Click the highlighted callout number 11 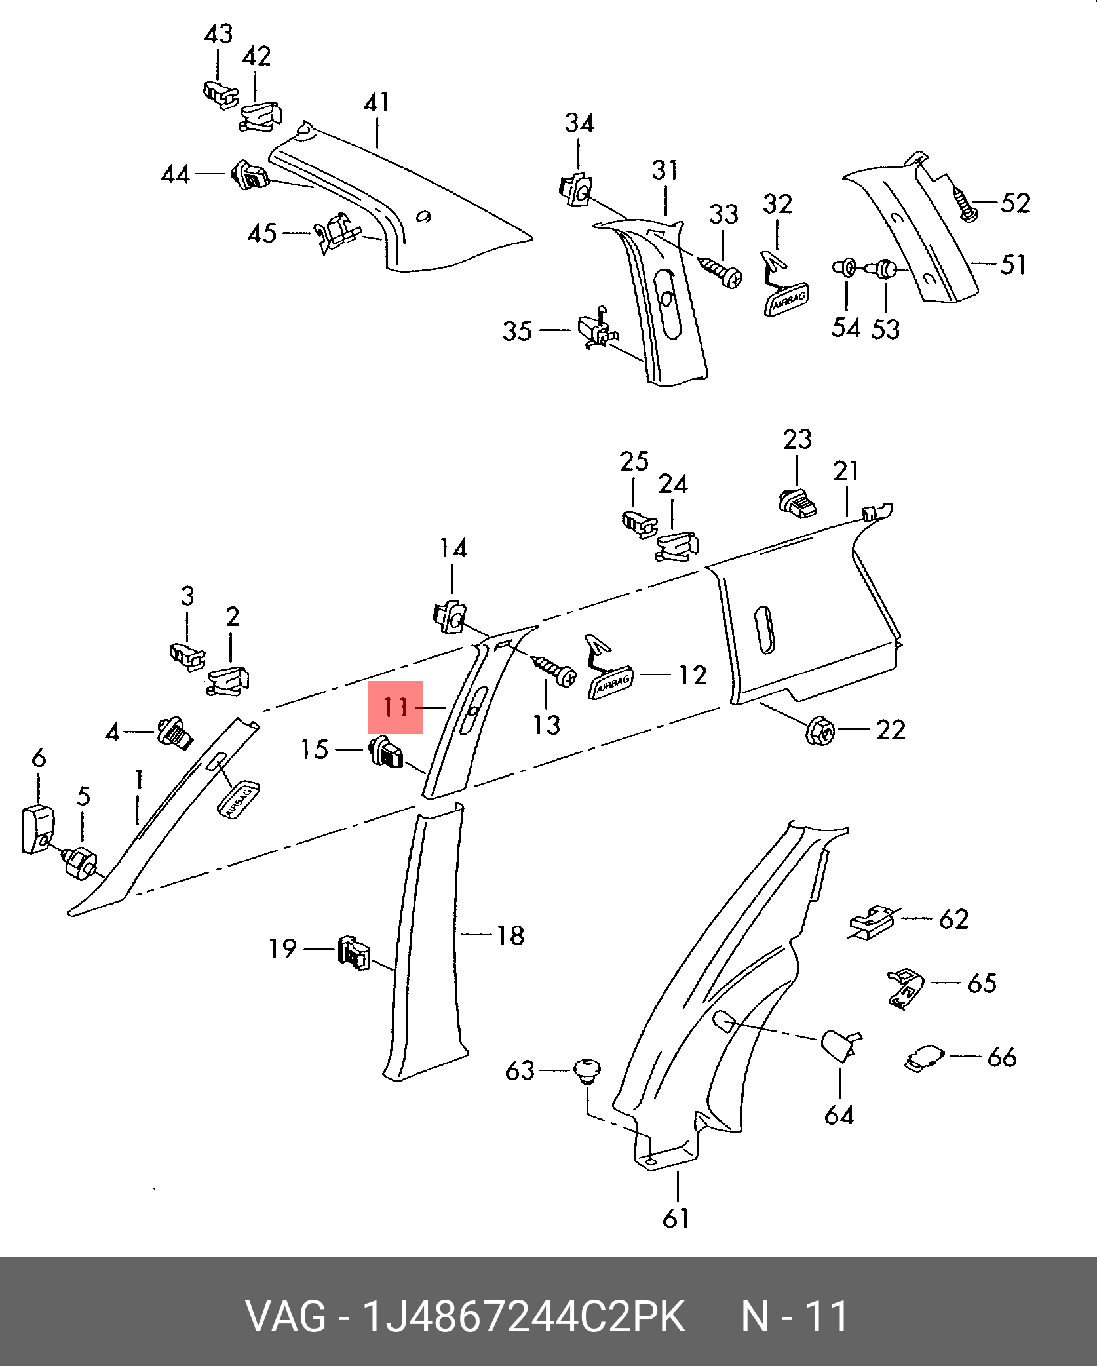point(395,707)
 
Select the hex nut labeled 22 point(819,730)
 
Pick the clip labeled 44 point(249,175)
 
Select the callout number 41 point(377,103)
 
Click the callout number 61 point(676,1219)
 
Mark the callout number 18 point(510,935)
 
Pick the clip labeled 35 point(597,330)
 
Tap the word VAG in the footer point(286,1316)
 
